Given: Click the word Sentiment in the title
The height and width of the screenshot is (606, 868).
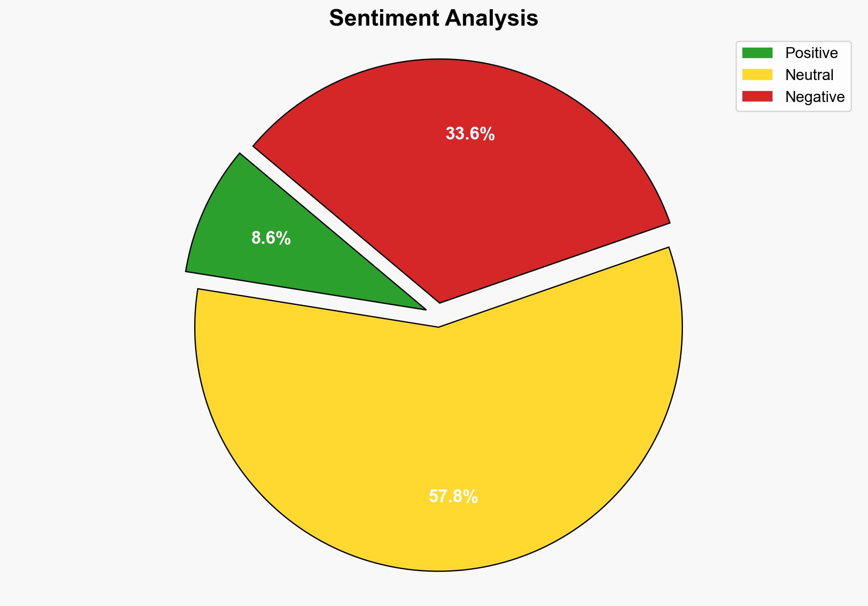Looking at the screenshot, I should tap(384, 19).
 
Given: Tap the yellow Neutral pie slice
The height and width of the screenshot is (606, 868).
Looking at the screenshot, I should tap(439, 434).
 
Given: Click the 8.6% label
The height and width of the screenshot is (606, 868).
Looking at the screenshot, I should tap(271, 238).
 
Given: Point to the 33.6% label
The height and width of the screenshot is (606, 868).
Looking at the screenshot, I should tap(470, 134).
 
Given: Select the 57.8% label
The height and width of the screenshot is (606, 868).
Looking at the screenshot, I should tap(453, 497).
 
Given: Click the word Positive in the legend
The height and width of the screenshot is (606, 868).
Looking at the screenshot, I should tap(811, 53).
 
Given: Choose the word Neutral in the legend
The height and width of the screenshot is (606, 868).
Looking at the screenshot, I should tap(809, 75).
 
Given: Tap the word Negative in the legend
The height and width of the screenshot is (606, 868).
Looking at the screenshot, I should tap(815, 97).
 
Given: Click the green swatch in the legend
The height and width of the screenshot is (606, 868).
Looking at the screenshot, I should tap(757, 53).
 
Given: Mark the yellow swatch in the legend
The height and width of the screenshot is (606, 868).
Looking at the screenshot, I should tap(757, 75).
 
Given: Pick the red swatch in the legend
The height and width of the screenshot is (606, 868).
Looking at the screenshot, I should tap(757, 97).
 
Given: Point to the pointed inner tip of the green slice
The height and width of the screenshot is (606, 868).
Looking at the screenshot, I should tap(424, 309).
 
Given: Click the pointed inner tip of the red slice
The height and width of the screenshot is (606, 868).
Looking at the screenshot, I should tap(439, 302).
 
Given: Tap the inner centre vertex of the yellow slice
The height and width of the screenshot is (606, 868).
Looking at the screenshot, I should tap(439, 326).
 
